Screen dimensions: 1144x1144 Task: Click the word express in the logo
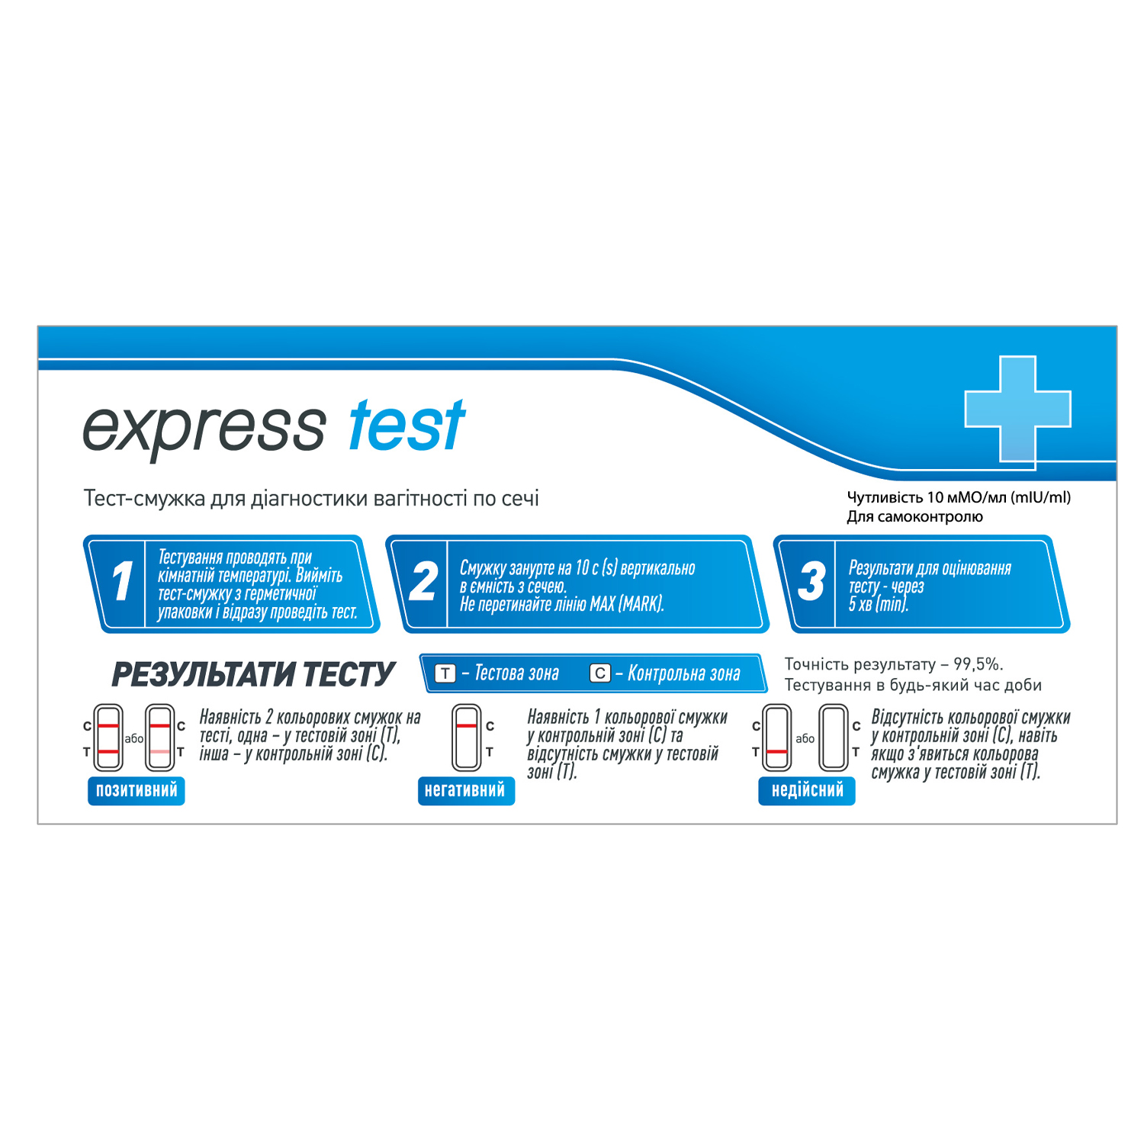(204, 430)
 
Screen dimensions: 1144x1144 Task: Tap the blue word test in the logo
(407, 426)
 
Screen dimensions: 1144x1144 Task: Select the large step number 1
(122, 582)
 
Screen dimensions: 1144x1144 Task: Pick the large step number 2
(423, 582)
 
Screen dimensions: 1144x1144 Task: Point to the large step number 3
(811, 582)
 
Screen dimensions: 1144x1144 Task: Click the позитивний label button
(137, 790)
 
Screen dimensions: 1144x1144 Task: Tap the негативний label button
(465, 790)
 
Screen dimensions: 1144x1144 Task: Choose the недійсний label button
(807, 790)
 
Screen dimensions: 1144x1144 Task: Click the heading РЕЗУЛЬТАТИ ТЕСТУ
(252, 674)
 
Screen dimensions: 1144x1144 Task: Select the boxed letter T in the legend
(445, 673)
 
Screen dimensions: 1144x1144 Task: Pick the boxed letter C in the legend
(600, 673)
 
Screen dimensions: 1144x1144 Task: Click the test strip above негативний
(466, 737)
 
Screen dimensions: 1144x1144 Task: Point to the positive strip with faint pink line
(160, 737)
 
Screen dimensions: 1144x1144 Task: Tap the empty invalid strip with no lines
(834, 737)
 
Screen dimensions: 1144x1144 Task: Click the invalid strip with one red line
(777, 737)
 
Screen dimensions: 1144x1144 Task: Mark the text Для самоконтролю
(914, 517)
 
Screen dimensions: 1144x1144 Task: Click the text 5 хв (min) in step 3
(879, 605)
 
